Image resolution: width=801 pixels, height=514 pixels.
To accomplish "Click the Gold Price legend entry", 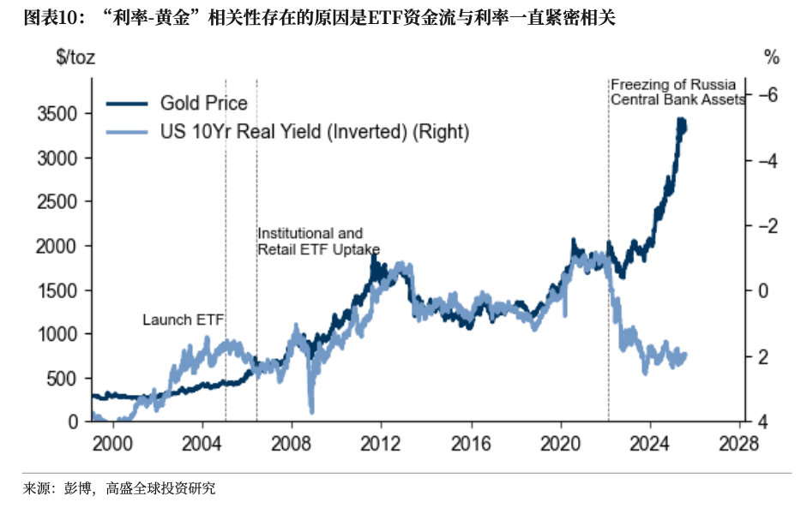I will coord(203,104).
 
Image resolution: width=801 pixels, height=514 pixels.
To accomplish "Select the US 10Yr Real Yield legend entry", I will coord(315,132).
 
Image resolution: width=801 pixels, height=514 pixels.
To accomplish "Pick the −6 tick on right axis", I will coord(768,94).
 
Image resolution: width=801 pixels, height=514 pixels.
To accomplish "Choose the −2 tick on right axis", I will coord(768,225).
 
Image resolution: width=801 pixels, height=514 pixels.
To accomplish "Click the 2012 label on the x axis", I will coord(381,444).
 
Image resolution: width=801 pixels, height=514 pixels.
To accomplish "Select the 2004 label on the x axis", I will coord(202,444).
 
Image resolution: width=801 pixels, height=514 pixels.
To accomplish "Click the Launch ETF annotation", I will coord(182,320).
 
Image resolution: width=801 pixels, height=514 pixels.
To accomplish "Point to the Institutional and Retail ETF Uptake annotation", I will coord(318,241).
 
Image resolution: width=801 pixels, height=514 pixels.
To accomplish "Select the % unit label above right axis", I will coord(771,57).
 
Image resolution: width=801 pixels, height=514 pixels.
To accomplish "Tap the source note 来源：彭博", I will coord(119,488).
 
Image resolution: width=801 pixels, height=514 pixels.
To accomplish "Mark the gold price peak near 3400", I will coord(682,124).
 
